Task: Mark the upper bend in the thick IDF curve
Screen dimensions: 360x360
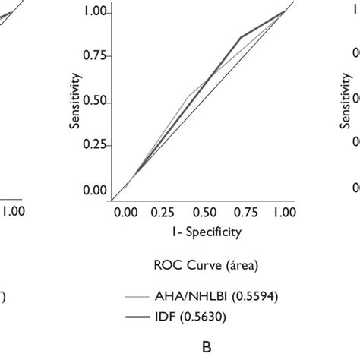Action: coord(242,37)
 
